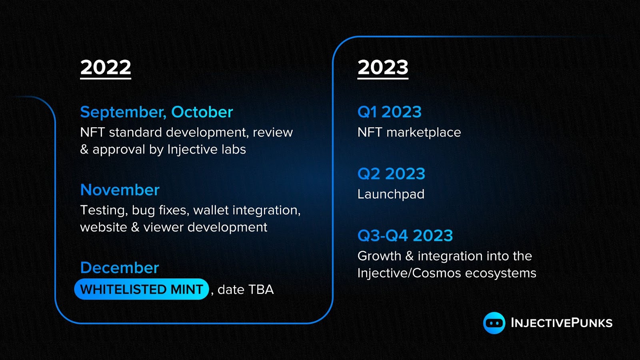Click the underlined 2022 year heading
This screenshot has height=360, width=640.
tap(106, 68)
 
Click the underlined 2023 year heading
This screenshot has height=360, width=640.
tap(383, 68)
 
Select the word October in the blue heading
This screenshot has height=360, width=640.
tap(202, 112)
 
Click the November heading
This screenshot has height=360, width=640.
tap(120, 190)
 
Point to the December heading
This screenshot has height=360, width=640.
tap(120, 268)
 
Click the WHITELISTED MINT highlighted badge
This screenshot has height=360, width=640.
tap(142, 289)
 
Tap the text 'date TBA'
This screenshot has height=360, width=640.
tap(246, 290)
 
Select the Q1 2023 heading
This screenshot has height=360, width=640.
tap(390, 112)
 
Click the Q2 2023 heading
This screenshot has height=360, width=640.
tap(391, 174)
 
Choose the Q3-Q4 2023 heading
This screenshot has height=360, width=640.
tap(405, 236)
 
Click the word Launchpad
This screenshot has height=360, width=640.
tap(391, 194)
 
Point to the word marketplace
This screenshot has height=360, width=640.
tap(424, 132)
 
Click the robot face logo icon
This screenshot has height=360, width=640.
tap(494, 323)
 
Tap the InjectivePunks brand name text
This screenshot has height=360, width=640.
tap(562, 323)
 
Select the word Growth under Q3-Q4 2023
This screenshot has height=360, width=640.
tap(380, 256)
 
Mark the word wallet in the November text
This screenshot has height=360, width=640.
tap(211, 210)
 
